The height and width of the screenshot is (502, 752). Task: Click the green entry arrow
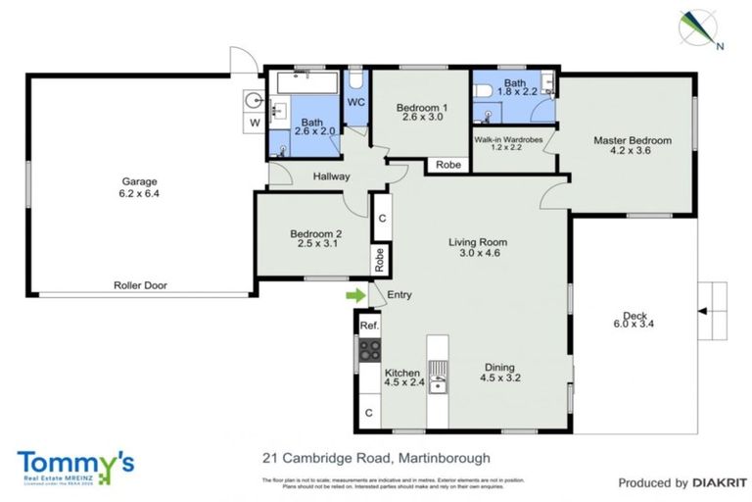tap(353, 293)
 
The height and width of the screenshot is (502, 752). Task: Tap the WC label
tap(356, 102)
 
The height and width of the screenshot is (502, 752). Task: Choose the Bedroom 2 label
tap(315, 238)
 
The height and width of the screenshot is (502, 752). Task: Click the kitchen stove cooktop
tap(370, 349)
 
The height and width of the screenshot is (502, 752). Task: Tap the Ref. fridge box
tap(369, 325)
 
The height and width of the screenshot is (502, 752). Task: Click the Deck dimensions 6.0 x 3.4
tap(634, 323)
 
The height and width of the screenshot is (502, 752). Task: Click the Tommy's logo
tap(74, 465)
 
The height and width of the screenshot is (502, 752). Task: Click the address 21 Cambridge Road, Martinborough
tap(376, 457)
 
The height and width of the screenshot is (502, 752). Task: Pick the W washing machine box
tap(254, 123)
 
